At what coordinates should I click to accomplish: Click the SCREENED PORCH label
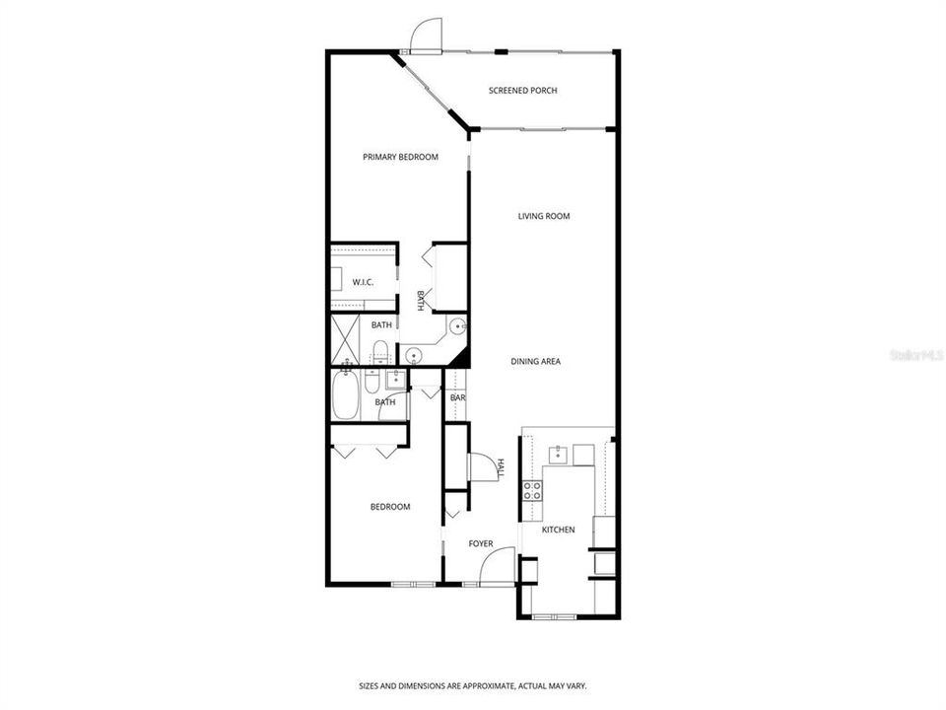coord(522,91)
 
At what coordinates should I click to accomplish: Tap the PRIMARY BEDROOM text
coord(400,157)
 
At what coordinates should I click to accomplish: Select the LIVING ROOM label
coord(544,216)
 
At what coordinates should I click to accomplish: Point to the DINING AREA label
coord(535,362)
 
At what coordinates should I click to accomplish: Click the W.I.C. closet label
coord(363,283)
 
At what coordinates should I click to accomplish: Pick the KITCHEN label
coord(558,531)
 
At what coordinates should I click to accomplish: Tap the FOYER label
coord(480,543)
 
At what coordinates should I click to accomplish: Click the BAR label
coord(457,398)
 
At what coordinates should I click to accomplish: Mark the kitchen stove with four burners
coord(532,490)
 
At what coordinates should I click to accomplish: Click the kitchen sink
coord(558,453)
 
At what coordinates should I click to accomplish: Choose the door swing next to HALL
coord(483,467)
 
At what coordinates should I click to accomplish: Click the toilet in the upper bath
coord(380,349)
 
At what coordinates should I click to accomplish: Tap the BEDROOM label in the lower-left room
coord(389,507)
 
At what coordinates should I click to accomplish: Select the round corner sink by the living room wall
coord(456,326)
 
